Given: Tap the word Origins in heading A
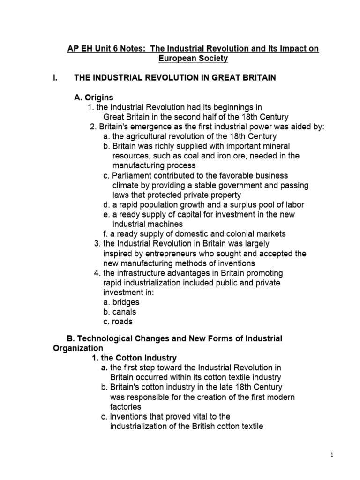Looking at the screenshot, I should pos(98,97).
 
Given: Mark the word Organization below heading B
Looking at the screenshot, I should pos(77,348).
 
